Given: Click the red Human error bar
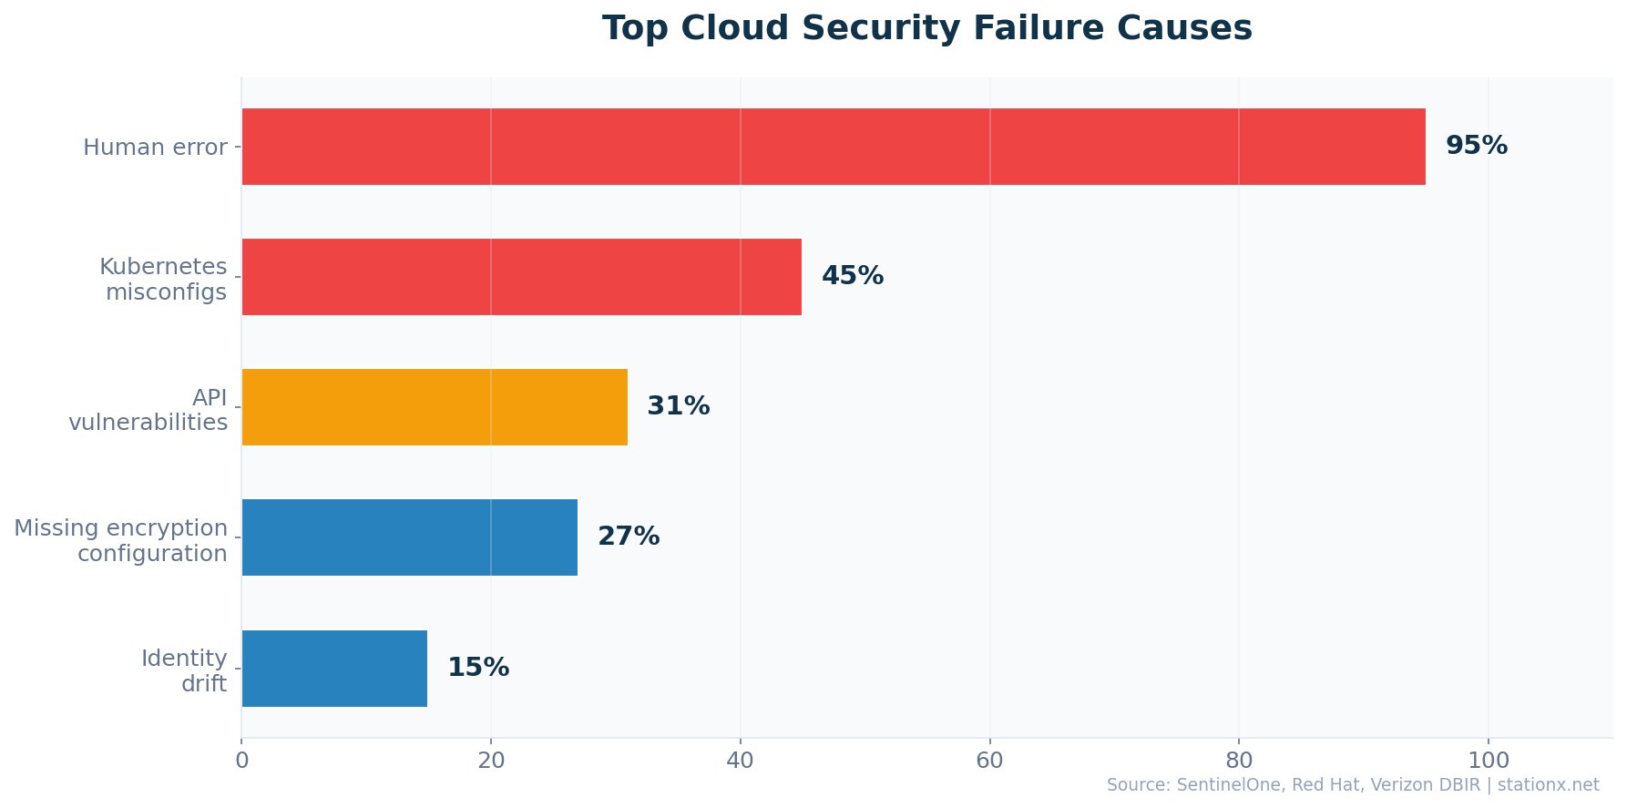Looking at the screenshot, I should (x=833, y=147).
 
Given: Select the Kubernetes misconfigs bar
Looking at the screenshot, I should (x=521, y=277).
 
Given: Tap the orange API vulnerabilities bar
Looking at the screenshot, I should (x=435, y=407).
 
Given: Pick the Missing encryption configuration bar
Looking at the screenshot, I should (x=409, y=537).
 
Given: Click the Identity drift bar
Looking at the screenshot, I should (x=334, y=668).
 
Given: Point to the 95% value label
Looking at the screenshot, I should (x=1476, y=146).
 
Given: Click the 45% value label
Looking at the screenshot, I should (x=852, y=276).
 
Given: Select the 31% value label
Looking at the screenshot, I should (x=678, y=406).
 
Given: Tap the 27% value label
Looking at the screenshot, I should (x=628, y=537).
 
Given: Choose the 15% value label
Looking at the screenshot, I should (x=477, y=668).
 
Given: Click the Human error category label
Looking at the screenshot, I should (x=155, y=148).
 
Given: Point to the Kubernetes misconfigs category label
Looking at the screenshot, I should (x=164, y=280).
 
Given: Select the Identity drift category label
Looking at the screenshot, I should (x=184, y=670).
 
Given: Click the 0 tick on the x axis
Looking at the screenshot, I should (x=241, y=761).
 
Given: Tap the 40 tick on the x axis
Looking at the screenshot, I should (x=740, y=761).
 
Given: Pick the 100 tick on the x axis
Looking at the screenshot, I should (x=1489, y=761).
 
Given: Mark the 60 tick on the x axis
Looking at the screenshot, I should (x=989, y=761).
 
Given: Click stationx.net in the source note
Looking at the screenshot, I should (x=1548, y=785).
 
